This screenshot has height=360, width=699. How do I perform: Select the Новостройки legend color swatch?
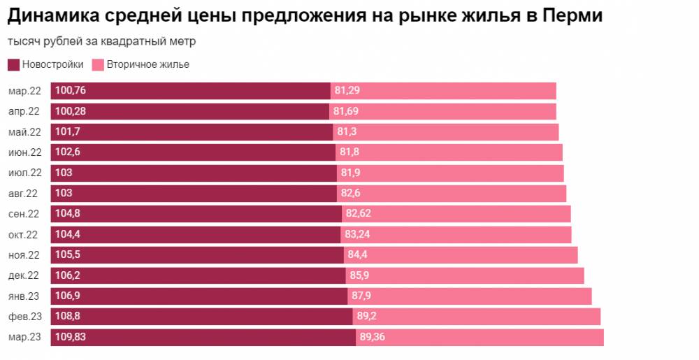[13, 65]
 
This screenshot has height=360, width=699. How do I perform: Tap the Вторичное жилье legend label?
[147, 65]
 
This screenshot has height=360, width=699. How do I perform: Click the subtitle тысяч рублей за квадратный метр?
[102, 41]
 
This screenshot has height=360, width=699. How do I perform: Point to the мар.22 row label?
[24, 91]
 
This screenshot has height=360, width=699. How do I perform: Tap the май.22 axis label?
[24, 132]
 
